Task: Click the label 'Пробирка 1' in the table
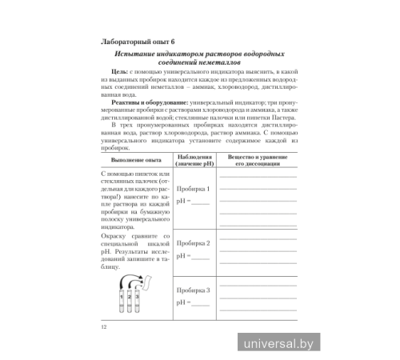pos(193,189)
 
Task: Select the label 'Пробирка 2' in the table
pos(193,242)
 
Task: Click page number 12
pos(104,326)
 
